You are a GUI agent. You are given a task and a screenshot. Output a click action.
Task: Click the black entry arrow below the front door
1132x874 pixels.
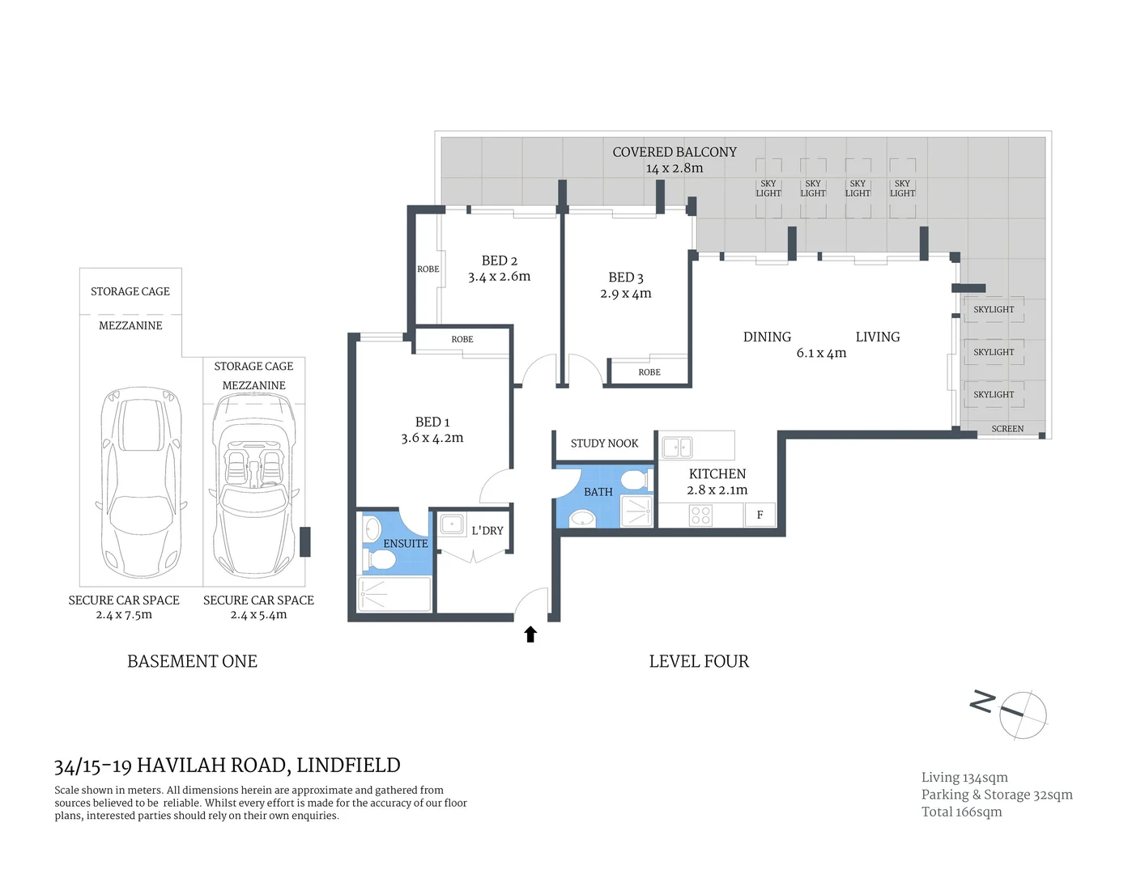530,634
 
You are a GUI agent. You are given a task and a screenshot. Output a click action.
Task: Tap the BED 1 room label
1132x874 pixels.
432,422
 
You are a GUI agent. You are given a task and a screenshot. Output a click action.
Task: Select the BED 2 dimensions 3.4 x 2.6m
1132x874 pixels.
499,277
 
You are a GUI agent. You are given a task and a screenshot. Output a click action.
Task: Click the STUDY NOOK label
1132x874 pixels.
604,443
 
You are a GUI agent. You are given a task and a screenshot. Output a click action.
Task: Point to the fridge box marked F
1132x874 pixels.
760,515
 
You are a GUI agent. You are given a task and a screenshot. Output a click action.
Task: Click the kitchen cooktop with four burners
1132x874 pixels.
701,515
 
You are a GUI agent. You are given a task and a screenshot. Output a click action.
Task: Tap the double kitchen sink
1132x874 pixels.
677,447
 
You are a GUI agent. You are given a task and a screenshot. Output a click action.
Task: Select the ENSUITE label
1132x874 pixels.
405,544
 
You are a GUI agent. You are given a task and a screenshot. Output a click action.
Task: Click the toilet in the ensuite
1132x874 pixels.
379,559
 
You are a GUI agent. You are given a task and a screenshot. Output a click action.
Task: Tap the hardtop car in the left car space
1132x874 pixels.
141,482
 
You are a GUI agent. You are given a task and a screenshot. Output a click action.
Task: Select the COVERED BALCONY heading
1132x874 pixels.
675,152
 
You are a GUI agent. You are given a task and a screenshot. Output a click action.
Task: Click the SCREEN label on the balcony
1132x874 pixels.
1007,429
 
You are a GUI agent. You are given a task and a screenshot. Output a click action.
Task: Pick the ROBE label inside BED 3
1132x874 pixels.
649,372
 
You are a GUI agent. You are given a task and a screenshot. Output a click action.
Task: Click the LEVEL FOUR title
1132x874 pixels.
699,661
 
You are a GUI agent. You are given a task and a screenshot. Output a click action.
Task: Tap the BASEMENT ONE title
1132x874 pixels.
192,661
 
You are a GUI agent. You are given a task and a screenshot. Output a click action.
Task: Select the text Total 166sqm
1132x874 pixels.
961,812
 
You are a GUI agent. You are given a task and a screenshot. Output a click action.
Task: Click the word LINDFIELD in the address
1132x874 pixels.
348,766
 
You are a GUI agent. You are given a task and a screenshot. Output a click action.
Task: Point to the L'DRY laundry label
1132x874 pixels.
487,531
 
